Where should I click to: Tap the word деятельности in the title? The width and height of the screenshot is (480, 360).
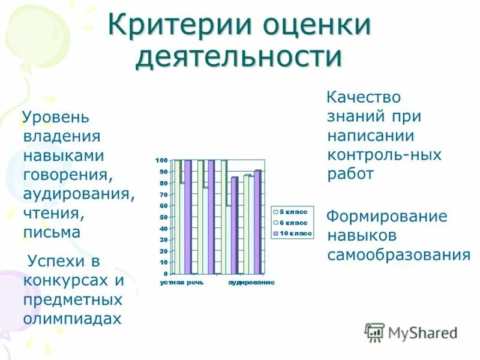[x=239, y=58]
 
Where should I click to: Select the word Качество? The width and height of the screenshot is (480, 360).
[x=363, y=97]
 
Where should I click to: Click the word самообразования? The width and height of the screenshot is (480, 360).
[x=398, y=254]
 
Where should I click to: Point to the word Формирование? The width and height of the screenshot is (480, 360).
[x=387, y=216]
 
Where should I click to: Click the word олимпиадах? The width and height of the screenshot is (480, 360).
[x=72, y=318]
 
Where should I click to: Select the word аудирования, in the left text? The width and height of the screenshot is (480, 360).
[x=79, y=194]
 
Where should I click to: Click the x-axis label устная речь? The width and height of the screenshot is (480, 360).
[x=178, y=282]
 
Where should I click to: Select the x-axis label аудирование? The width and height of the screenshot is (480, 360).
[x=251, y=282]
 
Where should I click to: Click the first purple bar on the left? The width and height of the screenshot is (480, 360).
[x=187, y=217]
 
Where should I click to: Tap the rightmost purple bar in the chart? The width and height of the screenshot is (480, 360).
[x=257, y=222]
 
